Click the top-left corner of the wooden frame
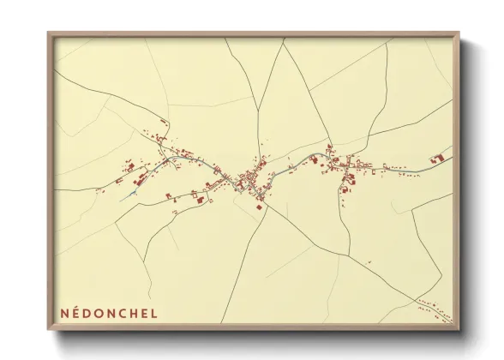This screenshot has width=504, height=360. (x=49, y=33)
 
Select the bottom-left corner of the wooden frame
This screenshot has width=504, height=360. (x=49, y=329)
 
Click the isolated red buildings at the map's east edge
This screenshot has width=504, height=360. (x=438, y=159)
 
